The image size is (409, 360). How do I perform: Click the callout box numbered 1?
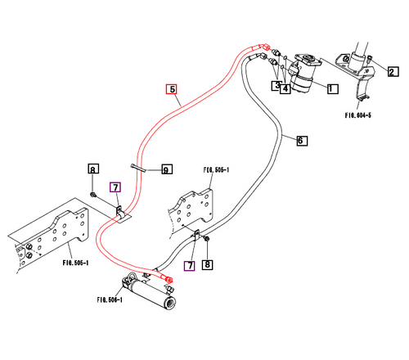point(333,87)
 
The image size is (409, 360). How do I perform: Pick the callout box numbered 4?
point(285,88)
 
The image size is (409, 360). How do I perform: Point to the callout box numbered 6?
point(301,141)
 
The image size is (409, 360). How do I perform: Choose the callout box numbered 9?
point(165,170)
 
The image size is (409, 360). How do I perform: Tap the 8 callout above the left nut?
point(93,169)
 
